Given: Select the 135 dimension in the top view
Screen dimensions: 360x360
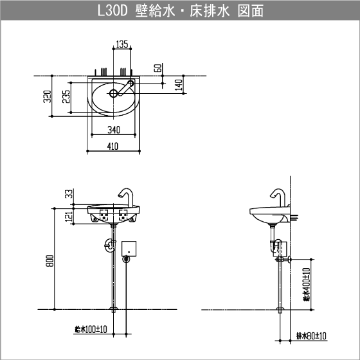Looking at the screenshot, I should [x=122, y=44].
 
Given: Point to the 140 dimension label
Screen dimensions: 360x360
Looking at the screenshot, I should [x=178, y=84].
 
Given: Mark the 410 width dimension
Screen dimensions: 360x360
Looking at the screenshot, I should [x=113, y=147].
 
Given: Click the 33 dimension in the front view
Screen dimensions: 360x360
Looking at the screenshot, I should [x=69, y=194].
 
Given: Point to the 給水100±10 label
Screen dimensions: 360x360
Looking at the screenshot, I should [x=90, y=329].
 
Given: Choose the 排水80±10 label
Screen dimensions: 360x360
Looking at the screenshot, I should [x=311, y=336].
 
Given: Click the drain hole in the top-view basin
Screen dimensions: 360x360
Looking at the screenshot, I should [x=113, y=93].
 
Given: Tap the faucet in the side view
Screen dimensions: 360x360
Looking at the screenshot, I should [x=278, y=197].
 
